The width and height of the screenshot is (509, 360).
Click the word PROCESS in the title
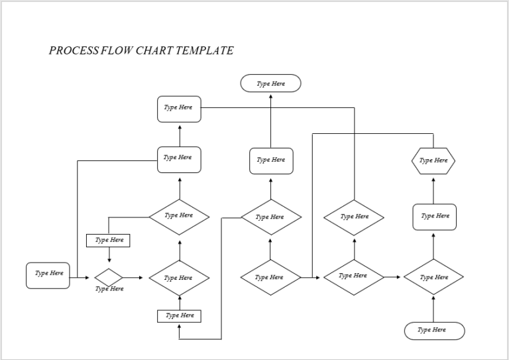click(74, 50)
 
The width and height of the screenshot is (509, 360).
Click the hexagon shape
click(433, 160)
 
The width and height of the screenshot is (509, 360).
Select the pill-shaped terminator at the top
click(270, 84)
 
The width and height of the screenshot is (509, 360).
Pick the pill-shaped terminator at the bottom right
click(434, 330)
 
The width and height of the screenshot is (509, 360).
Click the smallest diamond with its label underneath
click(109, 277)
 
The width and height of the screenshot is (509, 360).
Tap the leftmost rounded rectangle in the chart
click(48, 275)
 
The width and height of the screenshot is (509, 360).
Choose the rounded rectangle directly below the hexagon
click(434, 217)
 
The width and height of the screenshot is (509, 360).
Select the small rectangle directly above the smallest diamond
click(108, 240)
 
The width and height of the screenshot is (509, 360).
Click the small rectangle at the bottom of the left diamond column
click(179, 316)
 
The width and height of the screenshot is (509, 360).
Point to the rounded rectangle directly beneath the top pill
click(271, 160)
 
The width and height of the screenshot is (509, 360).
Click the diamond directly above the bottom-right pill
click(433, 277)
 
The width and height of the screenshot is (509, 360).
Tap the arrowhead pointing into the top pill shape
click(270, 95)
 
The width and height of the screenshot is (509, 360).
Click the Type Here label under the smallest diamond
click(109, 289)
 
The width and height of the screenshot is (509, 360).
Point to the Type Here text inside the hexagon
click(434, 160)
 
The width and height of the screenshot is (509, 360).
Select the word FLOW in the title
click(115, 50)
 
